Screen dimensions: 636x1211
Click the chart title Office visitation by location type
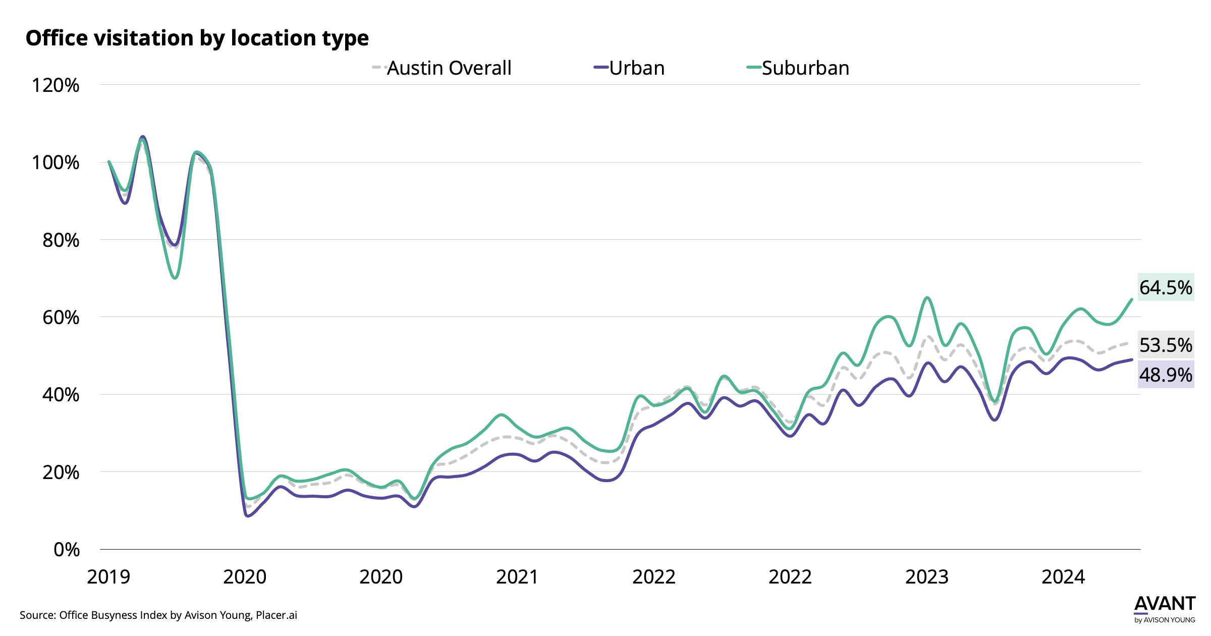(x=197, y=38)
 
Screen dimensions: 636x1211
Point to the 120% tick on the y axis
(x=56, y=85)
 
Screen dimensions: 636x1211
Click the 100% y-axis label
(x=56, y=163)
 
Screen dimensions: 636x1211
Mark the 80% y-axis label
(x=61, y=240)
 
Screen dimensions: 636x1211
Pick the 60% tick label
(x=61, y=317)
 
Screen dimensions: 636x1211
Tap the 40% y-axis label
(x=61, y=395)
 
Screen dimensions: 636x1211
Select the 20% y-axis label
(x=61, y=472)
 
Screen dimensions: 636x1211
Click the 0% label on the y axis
(x=67, y=550)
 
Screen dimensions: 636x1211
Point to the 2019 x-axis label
(x=108, y=577)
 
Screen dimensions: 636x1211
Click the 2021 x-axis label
(x=517, y=577)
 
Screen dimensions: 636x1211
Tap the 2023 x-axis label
(x=927, y=577)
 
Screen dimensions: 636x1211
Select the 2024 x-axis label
(x=1063, y=577)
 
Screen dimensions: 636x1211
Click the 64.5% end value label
(x=1166, y=287)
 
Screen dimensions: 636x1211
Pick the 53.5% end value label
(x=1166, y=345)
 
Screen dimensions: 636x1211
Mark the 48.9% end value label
(x=1166, y=375)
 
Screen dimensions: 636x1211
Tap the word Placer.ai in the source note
(x=276, y=615)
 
